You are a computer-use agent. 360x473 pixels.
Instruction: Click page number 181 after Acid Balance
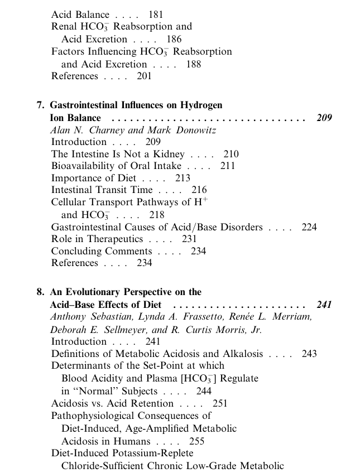click(156, 15)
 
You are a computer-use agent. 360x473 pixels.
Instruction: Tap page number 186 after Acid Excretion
click(174, 40)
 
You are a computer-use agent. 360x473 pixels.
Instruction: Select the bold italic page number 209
click(324, 118)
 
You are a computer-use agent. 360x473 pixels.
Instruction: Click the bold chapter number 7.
click(40, 105)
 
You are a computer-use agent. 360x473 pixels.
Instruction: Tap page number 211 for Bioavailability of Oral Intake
click(228, 166)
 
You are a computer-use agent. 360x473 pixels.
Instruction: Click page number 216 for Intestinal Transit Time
click(199, 190)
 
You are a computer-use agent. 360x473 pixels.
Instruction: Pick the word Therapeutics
click(115, 239)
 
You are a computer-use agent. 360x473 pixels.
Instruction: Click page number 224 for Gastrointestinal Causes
click(309, 227)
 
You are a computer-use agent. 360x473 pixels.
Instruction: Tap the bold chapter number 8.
click(40, 292)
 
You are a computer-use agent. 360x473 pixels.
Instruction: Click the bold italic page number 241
click(324, 305)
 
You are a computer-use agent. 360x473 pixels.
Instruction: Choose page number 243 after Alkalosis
click(309, 354)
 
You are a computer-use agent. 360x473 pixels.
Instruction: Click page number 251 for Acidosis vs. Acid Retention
click(220, 403)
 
